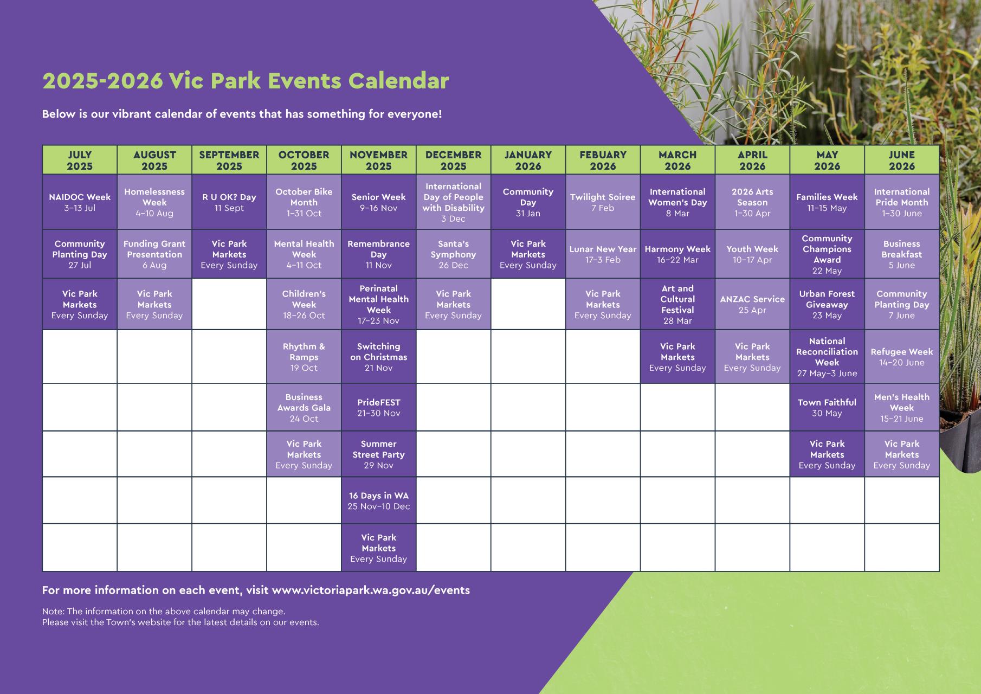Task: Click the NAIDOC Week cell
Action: pyautogui.click(x=80, y=202)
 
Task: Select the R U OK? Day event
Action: pyautogui.click(x=229, y=202)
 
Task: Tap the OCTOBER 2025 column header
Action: pyautogui.click(x=304, y=160)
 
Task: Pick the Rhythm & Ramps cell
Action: pyautogui.click(x=304, y=357)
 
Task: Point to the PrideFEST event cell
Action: pyautogui.click(x=379, y=408)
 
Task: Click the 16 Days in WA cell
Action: pyautogui.click(x=379, y=500)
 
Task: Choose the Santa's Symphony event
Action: pyautogui.click(x=454, y=254)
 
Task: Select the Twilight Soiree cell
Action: pyautogui.click(x=603, y=202)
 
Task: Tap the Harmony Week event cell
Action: pyautogui.click(x=678, y=254)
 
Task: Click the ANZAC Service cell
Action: pyautogui.click(x=753, y=304)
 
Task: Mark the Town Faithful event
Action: pyautogui.click(x=828, y=408)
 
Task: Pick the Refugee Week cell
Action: pyautogui.click(x=902, y=357)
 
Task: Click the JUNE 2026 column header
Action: pyautogui.click(x=902, y=160)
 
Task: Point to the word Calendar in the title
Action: pyautogui.click(x=398, y=81)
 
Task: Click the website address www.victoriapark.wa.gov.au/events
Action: pyautogui.click(x=371, y=590)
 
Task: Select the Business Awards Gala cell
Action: pyautogui.click(x=304, y=408)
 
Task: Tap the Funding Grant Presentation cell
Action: pyautogui.click(x=154, y=254)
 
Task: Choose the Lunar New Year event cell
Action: pyautogui.click(x=603, y=254)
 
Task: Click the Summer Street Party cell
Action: pyautogui.click(x=379, y=454)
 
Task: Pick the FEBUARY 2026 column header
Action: pyautogui.click(x=603, y=160)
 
